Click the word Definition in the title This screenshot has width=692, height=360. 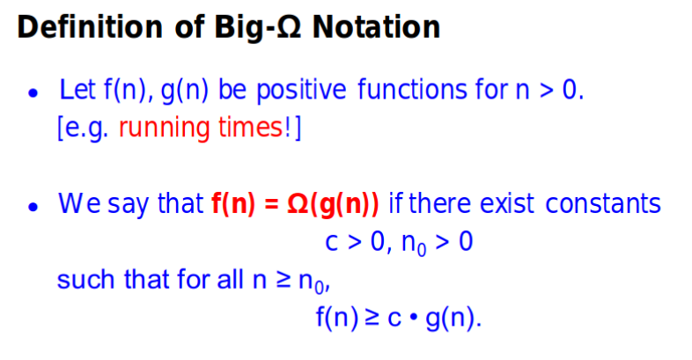pyautogui.click(x=90, y=27)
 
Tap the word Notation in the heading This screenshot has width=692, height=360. pyautogui.click(x=376, y=27)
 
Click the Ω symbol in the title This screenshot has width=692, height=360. pyautogui.click(x=289, y=27)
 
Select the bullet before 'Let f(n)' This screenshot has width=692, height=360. pyautogui.click(x=33, y=92)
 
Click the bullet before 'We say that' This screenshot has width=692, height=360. pyautogui.click(x=33, y=207)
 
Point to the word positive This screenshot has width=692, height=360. pyautogui.click(x=301, y=91)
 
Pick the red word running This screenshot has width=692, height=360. pyautogui.click(x=164, y=129)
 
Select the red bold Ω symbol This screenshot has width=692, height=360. pyautogui.click(x=298, y=204)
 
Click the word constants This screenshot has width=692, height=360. pyautogui.click(x=603, y=204)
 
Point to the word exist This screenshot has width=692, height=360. pyautogui.click(x=507, y=204)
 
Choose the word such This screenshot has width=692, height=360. pyautogui.click(x=85, y=280)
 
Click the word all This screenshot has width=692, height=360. pyautogui.click(x=230, y=280)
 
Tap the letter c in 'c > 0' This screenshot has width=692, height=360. pyautogui.click(x=331, y=243)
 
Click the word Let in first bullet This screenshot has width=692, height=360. pyautogui.click(x=77, y=90)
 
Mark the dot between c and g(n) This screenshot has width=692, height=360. pyautogui.click(x=414, y=317)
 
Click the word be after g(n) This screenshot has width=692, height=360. pyautogui.click(x=232, y=90)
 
